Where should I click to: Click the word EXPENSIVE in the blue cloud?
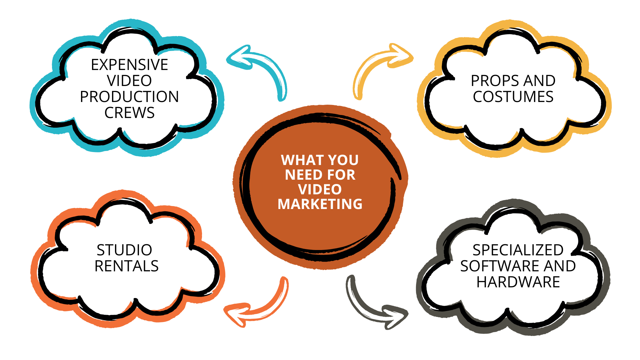(x=129, y=65)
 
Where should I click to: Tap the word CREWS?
(x=129, y=113)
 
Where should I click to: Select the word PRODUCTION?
(x=129, y=97)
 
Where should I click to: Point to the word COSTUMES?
(x=513, y=97)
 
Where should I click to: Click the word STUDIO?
(x=124, y=250)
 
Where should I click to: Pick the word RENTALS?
(x=126, y=266)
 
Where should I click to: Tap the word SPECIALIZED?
(x=518, y=250)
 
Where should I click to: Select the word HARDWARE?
(x=518, y=282)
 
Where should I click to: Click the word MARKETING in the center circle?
(x=320, y=204)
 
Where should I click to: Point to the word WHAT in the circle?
(x=297, y=160)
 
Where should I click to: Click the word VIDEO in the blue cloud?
(x=129, y=81)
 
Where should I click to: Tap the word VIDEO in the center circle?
(x=320, y=190)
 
